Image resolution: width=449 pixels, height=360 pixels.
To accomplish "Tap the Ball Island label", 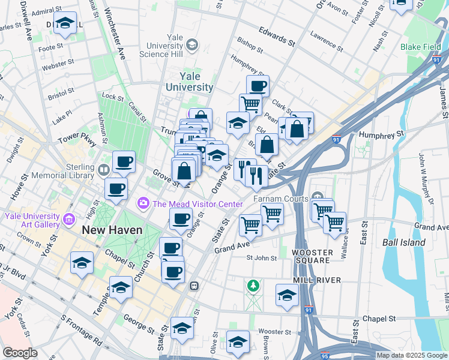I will click(403, 243).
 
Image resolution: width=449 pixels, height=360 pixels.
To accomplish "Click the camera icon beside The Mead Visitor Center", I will click(143, 204).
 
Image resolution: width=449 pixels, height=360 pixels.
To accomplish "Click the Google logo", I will click(20, 353).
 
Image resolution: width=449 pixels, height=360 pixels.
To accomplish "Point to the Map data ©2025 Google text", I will click(412, 355).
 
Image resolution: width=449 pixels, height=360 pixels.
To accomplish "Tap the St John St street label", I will click(261, 258).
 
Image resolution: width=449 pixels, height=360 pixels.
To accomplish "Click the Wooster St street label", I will click(274, 331).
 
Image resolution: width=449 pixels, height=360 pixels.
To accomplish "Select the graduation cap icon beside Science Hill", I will click(192, 44).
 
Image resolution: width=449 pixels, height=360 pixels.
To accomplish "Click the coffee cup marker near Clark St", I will click(258, 86).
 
